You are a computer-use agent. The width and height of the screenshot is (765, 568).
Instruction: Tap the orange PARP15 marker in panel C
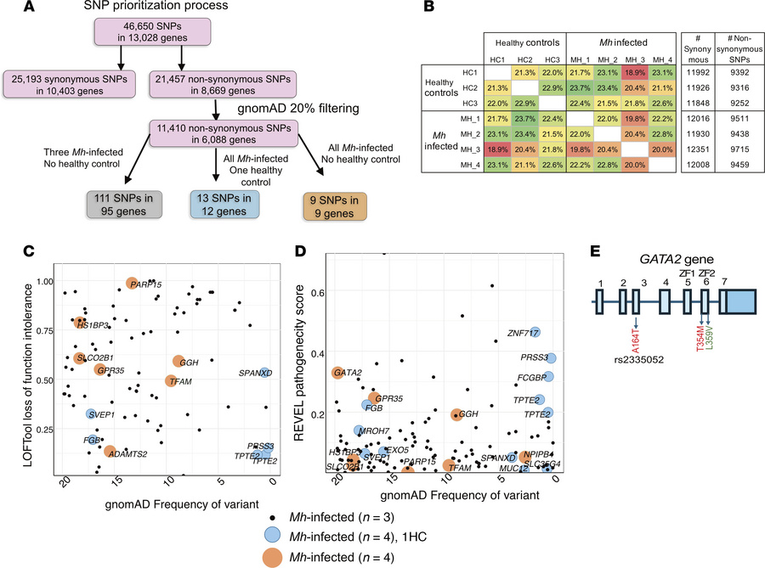coord(132,284)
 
